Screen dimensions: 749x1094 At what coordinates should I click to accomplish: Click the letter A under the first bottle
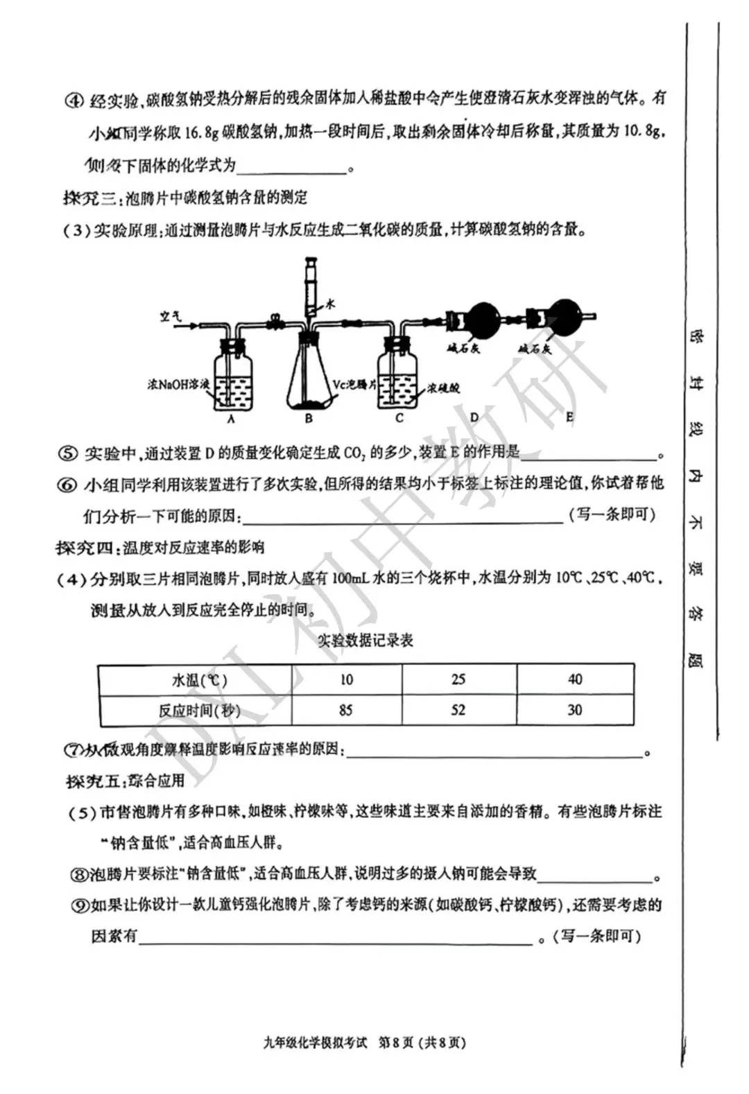pos(231,419)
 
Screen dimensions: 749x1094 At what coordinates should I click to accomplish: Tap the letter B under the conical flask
pos(309,419)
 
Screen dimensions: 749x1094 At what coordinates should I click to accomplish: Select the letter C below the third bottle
pos(399,418)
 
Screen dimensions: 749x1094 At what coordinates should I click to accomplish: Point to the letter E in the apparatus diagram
pos(569,417)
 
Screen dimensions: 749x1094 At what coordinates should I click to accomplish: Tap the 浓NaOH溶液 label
pos(178,383)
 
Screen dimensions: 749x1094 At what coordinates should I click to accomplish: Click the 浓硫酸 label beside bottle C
pos(443,388)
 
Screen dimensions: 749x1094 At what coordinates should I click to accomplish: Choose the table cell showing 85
pos(345,710)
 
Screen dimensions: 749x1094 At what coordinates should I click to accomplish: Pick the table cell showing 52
pos(458,710)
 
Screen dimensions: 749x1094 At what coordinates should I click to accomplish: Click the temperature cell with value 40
pos(575,679)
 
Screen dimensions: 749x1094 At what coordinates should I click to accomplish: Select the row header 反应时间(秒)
pos(195,711)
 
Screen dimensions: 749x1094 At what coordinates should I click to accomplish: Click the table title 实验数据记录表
pos(365,641)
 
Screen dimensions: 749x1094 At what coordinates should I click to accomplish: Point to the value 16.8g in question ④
pos(202,131)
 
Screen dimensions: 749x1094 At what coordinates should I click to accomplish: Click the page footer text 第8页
pos(395,1042)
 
